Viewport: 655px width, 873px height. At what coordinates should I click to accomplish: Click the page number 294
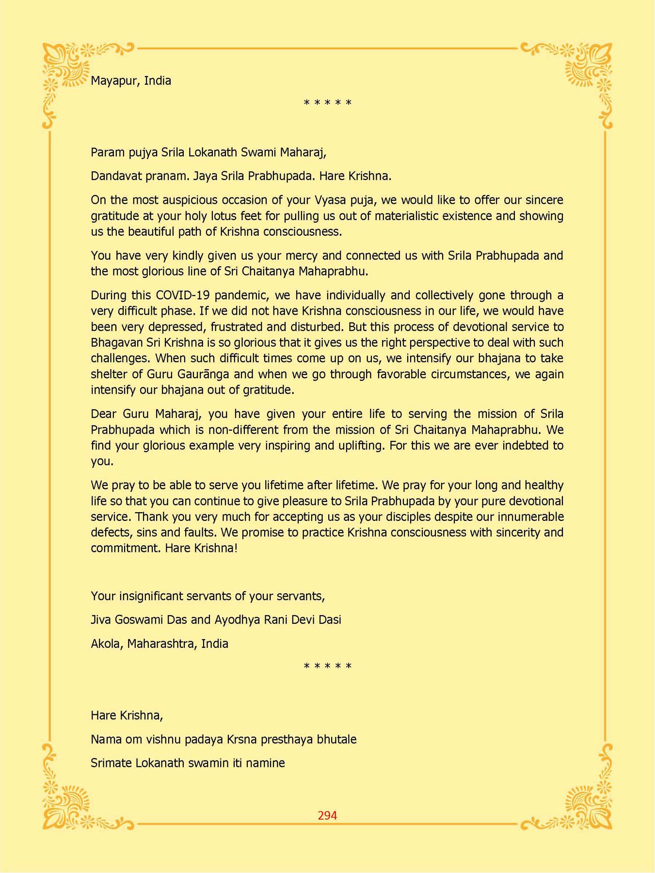[x=327, y=815]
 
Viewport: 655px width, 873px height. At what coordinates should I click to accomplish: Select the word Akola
[x=107, y=644]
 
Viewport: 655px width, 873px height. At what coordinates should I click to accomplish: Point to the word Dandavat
[x=114, y=176]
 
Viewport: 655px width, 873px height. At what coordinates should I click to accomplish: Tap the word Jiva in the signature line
[x=101, y=620]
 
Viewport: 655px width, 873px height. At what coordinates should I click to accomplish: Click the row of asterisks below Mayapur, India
[x=327, y=103]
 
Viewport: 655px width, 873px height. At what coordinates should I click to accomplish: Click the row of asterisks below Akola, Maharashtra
[x=327, y=666]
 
